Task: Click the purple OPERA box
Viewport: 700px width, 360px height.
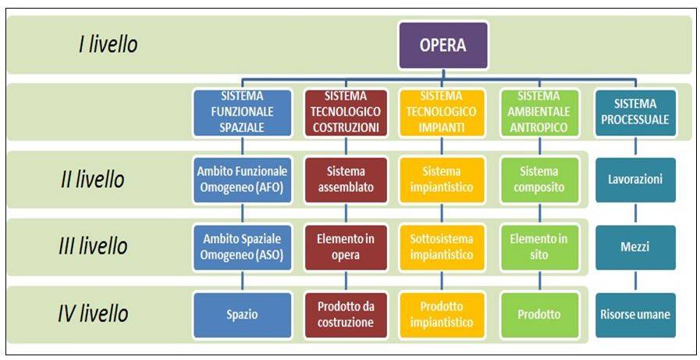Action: click(442, 45)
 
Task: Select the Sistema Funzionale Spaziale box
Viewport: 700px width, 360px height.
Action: click(242, 113)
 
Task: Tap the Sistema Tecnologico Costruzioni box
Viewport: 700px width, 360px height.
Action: click(346, 113)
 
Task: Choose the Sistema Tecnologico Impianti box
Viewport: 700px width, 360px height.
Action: click(442, 113)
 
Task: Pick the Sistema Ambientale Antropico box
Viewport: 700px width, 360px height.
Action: click(539, 113)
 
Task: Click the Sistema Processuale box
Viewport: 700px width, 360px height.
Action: click(635, 113)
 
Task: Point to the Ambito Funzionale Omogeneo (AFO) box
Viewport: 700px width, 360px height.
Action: click(242, 180)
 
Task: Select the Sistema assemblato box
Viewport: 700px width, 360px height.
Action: click(346, 180)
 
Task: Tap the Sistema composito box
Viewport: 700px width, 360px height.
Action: click(539, 180)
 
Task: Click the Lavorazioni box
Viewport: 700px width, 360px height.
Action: click(635, 180)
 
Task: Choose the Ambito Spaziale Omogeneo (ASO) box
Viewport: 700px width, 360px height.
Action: click(242, 248)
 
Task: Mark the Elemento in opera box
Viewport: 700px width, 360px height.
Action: click(346, 248)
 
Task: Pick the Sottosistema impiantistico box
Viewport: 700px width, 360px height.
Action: click(442, 248)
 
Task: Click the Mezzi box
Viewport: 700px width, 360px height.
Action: click(635, 248)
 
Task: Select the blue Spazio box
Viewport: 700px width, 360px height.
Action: click(242, 315)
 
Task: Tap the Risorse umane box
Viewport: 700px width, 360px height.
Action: click(635, 315)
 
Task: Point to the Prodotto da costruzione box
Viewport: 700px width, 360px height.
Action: click(346, 315)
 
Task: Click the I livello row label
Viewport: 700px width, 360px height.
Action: click(108, 45)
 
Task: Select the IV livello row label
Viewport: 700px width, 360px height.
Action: click(93, 314)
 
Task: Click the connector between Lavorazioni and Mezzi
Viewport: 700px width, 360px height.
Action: click(635, 214)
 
